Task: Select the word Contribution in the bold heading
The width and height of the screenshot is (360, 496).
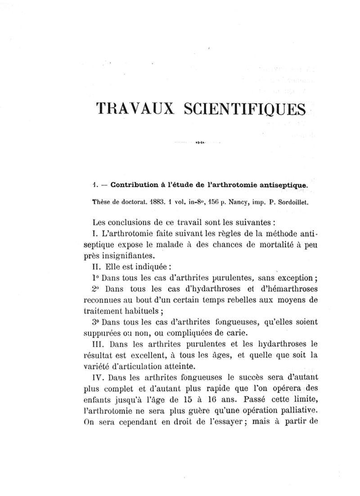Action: [x=137, y=185]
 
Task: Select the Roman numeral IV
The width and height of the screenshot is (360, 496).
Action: [x=97, y=376]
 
